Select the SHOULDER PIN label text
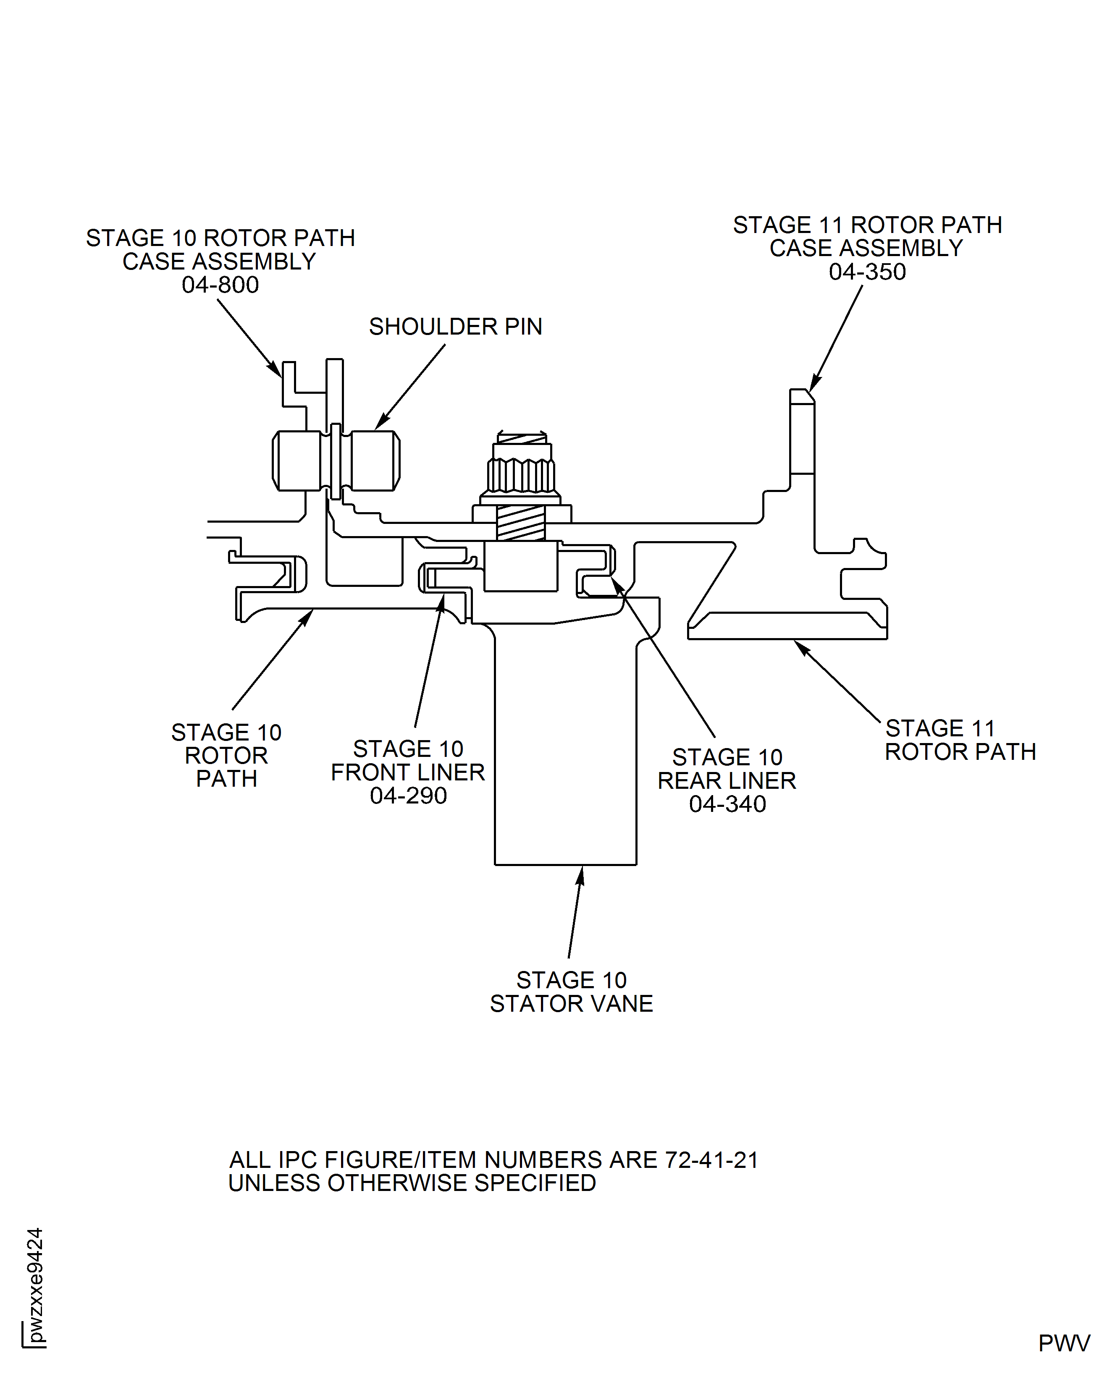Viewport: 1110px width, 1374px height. pos(455,327)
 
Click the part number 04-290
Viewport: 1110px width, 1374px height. pos(408,796)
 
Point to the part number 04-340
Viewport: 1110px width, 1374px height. pos(727,804)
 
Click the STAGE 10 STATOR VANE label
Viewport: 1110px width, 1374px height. pos(571,992)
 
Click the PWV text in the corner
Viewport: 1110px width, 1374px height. pos(1063,1343)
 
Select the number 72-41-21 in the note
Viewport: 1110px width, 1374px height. pos(711,1160)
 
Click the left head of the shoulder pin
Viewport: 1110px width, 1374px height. pos(297,461)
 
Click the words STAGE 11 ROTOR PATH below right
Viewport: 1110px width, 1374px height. pos(959,740)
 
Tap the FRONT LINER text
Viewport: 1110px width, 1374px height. pos(408,772)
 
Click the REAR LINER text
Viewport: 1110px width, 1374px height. pos(727,781)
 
